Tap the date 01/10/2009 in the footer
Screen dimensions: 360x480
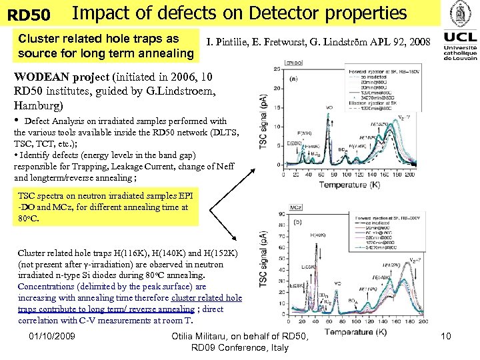point(51,339)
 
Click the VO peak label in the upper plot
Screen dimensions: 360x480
point(329,107)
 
